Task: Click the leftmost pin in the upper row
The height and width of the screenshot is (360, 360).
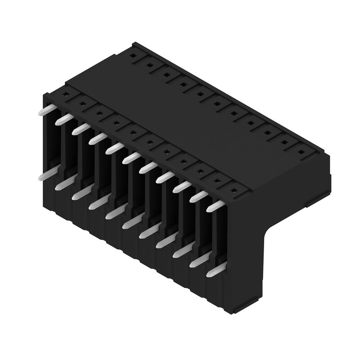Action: pos(47,111)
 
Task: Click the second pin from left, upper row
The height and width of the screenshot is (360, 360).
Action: pos(63,120)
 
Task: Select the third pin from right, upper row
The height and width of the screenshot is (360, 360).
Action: pos(182,187)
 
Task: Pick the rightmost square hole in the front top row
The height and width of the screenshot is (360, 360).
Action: pos(234,189)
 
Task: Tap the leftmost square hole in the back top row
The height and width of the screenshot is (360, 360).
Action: pos(133,57)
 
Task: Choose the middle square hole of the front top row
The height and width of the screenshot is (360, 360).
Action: pos(149,142)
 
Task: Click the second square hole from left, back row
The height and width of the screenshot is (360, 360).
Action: pos(149,66)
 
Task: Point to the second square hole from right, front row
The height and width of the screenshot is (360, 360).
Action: pos(217,180)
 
